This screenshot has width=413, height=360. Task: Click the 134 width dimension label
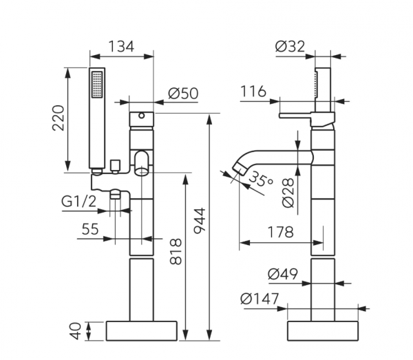(121, 47)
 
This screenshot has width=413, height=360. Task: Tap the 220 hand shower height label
(59, 118)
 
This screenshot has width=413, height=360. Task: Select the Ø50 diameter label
(183, 94)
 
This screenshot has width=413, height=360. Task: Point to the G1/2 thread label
(78, 202)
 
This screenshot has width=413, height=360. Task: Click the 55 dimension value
(90, 229)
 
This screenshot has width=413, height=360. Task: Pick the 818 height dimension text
(176, 251)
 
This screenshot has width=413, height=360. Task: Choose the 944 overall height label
(200, 221)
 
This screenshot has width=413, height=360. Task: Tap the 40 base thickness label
(76, 331)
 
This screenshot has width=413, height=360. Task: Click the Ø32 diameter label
(290, 47)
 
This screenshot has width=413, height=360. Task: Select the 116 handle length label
(253, 92)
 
